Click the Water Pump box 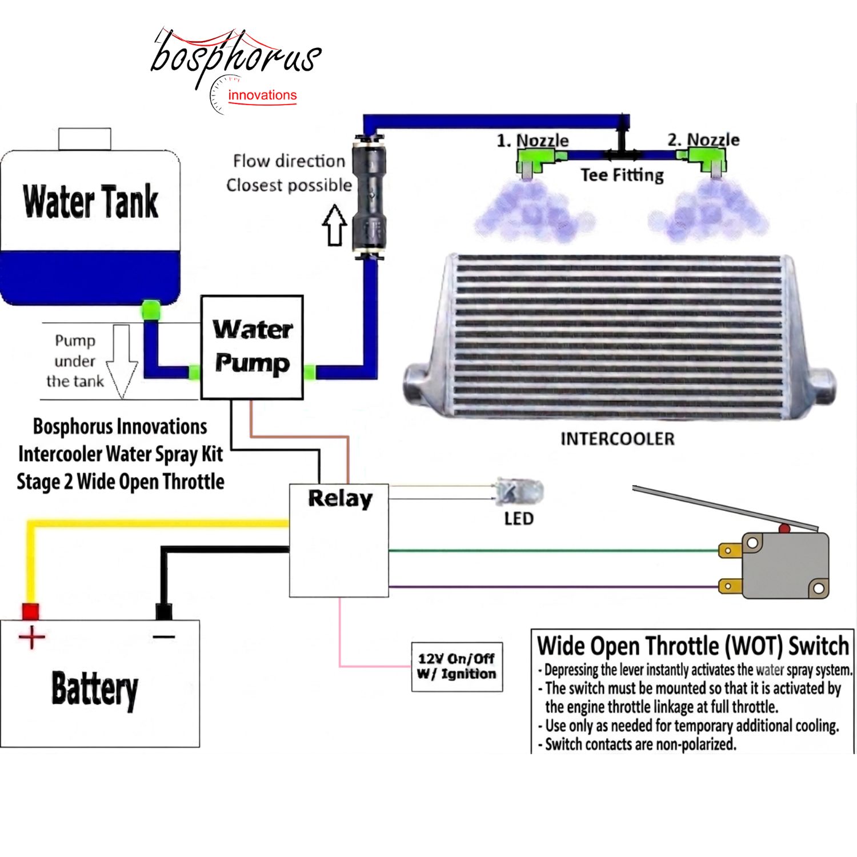pyautogui.click(x=252, y=347)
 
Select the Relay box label pyautogui.click(x=340, y=499)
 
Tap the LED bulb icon pyautogui.click(x=519, y=492)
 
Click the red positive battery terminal pyautogui.click(x=30, y=612)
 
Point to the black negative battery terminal pyautogui.click(x=164, y=612)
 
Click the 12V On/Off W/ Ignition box pyautogui.click(x=457, y=667)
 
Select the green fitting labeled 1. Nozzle pyautogui.click(x=535, y=160)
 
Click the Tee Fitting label pyautogui.click(x=622, y=175)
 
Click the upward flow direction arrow pyautogui.click(x=335, y=226)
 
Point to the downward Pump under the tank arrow pyautogui.click(x=122, y=361)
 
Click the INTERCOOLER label pyautogui.click(x=618, y=439)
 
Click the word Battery pyautogui.click(x=95, y=690)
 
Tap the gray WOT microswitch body pyautogui.click(x=786, y=565)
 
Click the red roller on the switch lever pyautogui.click(x=784, y=528)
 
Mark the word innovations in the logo pyautogui.click(x=262, y=95)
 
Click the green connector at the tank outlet pyautogui.click(x=151, y=310)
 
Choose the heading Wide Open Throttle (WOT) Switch pyautogui.click(x=693, y=646)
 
